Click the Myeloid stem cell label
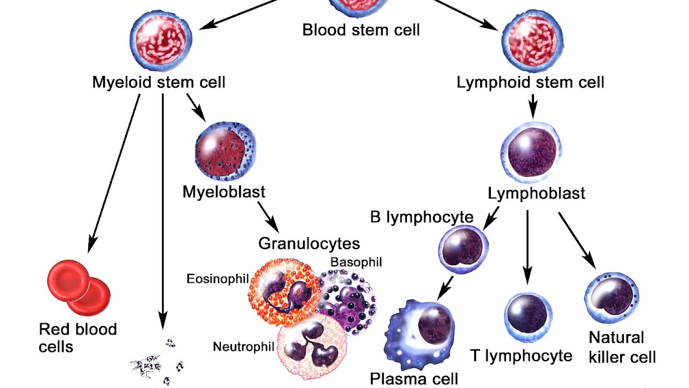tap(158, 82)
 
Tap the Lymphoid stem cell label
tap(530, 82)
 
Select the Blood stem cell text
tap(361, 29)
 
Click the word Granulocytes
tap(309, 243)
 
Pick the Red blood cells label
tap(78, 337)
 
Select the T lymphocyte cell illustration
tap(528, 318)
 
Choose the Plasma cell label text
tap(414, 379)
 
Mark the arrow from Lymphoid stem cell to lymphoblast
tap(532, 106)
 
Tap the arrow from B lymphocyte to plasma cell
tap(445, 288)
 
